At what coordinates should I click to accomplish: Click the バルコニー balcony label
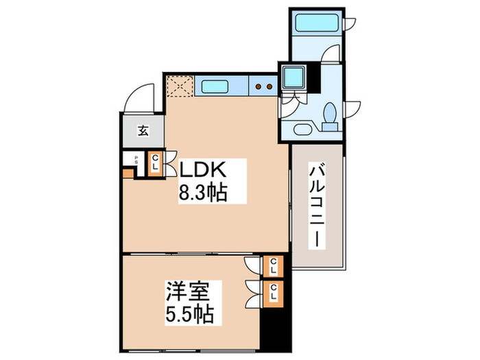[317, 206]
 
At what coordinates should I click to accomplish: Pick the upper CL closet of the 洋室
[274, 266]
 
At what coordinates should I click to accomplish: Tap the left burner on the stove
[259, 86]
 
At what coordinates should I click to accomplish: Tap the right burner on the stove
[269, 86]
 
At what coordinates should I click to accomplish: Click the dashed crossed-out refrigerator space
[180, 85]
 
